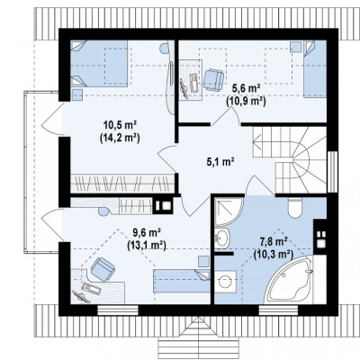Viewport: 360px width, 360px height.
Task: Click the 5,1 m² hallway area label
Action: click(220, 162)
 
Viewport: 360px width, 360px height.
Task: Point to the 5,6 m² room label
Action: click(246, 88)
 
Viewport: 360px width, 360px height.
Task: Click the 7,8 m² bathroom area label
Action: click(273, 241)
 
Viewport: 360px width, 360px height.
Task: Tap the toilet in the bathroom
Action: click(295, 208)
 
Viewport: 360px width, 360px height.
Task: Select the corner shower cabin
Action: click(229, 211)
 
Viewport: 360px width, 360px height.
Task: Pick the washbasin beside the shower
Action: click(221, 238)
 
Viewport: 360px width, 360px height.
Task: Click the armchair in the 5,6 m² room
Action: click(213, 79)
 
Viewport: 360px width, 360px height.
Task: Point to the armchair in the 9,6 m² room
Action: click(103, 269)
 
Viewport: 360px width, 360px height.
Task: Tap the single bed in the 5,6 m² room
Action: click(315, 69)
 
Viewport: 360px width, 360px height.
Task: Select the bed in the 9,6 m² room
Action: click(182, 281)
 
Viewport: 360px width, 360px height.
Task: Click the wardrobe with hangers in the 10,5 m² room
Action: click(122, 183)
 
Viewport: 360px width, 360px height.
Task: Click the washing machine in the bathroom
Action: click(226, 282)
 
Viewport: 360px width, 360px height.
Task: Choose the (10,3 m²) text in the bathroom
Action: click(273, 255)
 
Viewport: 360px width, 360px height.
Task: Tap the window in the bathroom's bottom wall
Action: click(279, 310)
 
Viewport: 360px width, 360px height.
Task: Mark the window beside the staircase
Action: click(332, 171)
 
